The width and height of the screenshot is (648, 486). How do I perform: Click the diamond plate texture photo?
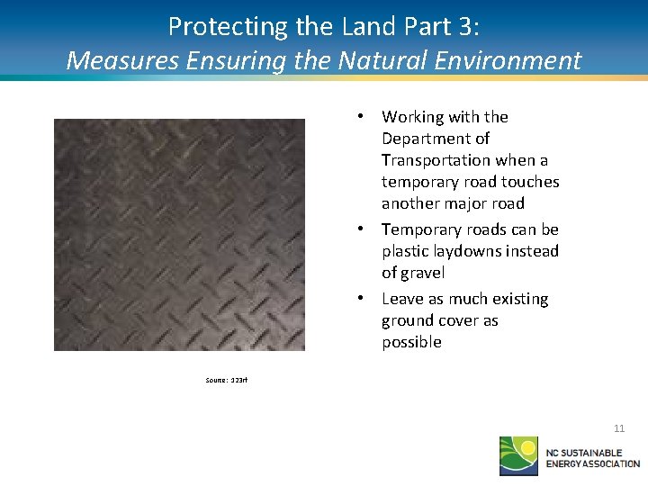[x=179, y=235]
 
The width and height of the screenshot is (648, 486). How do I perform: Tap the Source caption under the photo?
[x=226, y=380]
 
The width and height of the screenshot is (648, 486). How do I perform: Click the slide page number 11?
[x=619, y=428]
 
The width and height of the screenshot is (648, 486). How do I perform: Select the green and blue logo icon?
[x=519, y=455]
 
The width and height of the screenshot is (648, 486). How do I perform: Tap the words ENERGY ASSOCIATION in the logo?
[x=593, y=463]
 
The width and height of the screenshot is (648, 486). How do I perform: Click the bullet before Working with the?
[x=359, y=117]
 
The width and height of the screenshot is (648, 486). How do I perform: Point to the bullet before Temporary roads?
[x=359, y=229]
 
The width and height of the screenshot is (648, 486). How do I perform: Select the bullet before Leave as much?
[x=359, y=299]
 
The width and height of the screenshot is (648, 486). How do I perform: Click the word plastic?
[x=405, y=252]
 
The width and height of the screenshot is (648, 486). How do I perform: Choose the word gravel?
[x=423, y=274]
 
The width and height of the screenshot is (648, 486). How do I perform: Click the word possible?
[x=411, y=342]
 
